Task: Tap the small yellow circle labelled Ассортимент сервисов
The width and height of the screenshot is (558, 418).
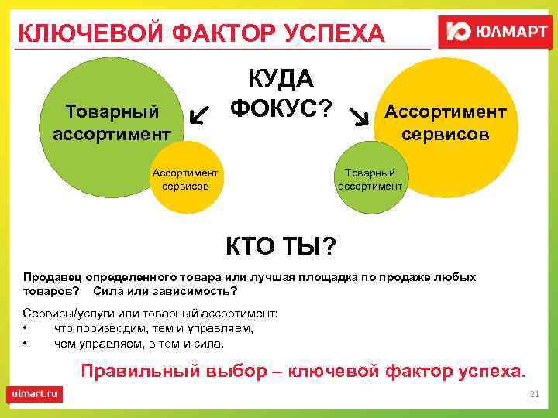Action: [x=185, y=180]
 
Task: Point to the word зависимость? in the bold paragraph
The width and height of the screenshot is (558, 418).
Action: [x=195, y=291]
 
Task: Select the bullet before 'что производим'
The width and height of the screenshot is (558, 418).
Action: [x=26, y=328]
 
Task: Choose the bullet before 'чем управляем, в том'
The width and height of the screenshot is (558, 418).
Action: [x=26, y=343]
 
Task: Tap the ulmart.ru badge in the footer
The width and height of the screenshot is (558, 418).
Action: [x=35, y=394]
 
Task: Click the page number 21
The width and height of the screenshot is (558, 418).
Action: [x=533, y=395]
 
